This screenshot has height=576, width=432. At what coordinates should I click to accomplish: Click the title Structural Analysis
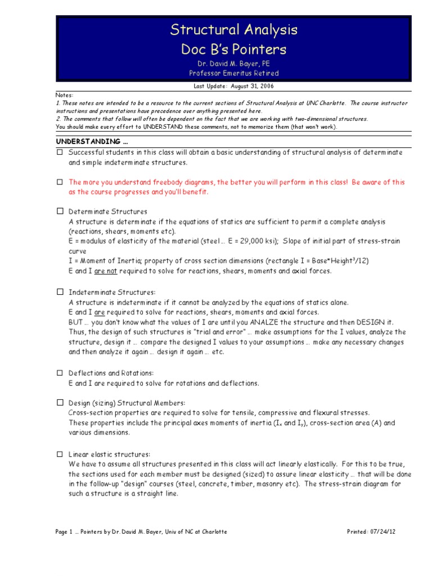(234, 29)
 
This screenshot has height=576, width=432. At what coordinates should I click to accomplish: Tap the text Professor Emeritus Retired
(234, 73)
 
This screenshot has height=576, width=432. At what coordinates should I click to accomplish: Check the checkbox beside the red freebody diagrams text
(60, 183)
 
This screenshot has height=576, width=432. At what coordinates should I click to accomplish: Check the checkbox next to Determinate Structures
(60, 212)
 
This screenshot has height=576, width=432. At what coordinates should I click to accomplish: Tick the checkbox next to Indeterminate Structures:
(60, 292)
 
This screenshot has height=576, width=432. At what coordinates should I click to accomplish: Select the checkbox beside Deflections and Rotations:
(60, 373)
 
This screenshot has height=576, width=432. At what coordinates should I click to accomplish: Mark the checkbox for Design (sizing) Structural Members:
(60, 403)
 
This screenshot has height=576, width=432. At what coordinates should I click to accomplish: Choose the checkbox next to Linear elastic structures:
(60, 454)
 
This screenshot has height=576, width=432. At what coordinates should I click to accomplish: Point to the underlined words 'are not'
(105, 271)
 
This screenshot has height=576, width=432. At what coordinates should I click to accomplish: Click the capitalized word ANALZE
(258, 322)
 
